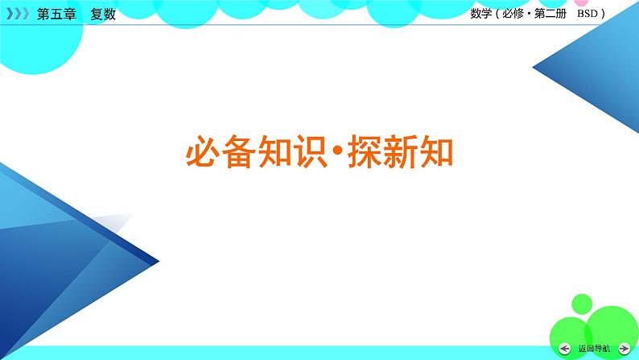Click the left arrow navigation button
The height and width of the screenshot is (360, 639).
point(565,348)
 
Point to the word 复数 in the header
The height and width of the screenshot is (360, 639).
point(104,14)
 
